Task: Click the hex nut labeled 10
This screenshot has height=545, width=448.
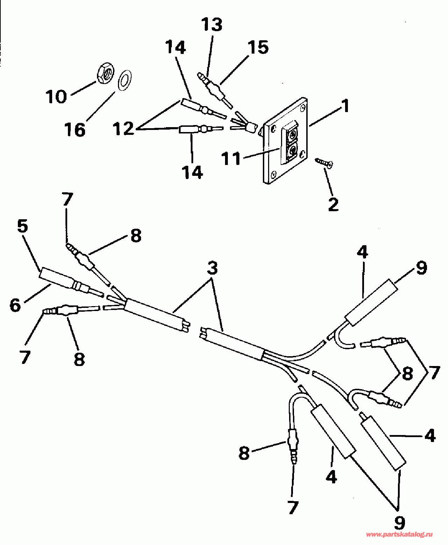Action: pyautogui.click(x=104, y=74)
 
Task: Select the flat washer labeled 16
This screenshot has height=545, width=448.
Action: pyautogui.click(x=124, y=80)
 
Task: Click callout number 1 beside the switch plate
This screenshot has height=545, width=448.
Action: pyautogui.click(x=345, y=106)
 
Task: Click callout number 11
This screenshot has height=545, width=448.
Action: pyautogui.click(x=231, y=159)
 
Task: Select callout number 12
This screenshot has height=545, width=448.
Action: pyautogui.click(x=124, y=129)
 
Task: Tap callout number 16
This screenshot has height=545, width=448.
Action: pyautogui.click(x=75, y=130)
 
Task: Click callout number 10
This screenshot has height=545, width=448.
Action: pyautogui.click(x=56, y=96)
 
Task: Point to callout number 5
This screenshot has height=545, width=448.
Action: pyautogui.click(x=23, y=227)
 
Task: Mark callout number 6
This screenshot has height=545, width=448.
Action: pyautogui.click(x=15, y=305)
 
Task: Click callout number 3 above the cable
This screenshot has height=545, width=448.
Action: pyautogui.click(x=212, y=268)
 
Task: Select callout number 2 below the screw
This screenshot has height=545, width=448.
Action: pyautogui.click(x=334, y=204)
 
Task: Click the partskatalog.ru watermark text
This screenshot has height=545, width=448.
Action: pyautogui.click(x=399, y=534)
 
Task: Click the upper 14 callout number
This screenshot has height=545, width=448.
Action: pyautogui.click(x=175, y=47)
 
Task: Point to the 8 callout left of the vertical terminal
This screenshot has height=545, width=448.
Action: pyautogui.click(x=244, y=453)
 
